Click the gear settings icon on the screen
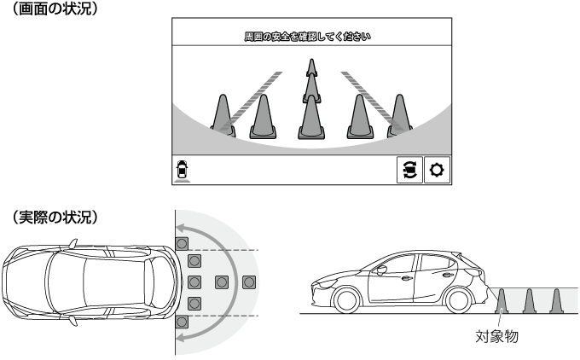pyautogui.click(x=437, y=170)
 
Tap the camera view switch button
pyautogui.click(x=409, y=170)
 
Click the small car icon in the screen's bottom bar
pyautogui.click(x=182, y=171)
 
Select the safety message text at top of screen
pyautogui.click(x=307, y=37)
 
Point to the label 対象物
pyautogui.click(x=496, y=337)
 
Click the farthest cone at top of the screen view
pyautogui.click(x=312, y=67)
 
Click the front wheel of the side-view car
pyautogui.click(x=346, y=299)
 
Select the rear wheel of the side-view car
pyautogui.click(x=458, y=299)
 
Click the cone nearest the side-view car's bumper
pyautogui.click(x=502, y=301)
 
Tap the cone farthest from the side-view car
pyautogui.click(x=556, y=301)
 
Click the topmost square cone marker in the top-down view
pyautogui.click(x=182, y=243)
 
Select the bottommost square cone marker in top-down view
pyautogui.click(x=182, y=322)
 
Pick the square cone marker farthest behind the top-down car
pyautogui.click(x=249, y=282)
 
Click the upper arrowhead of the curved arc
pyautogui.click(x=181, y=228)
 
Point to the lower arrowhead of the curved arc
pyautogui.click(x=181, y=336)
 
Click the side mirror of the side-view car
pyautogui.click(x=380, y=270)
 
